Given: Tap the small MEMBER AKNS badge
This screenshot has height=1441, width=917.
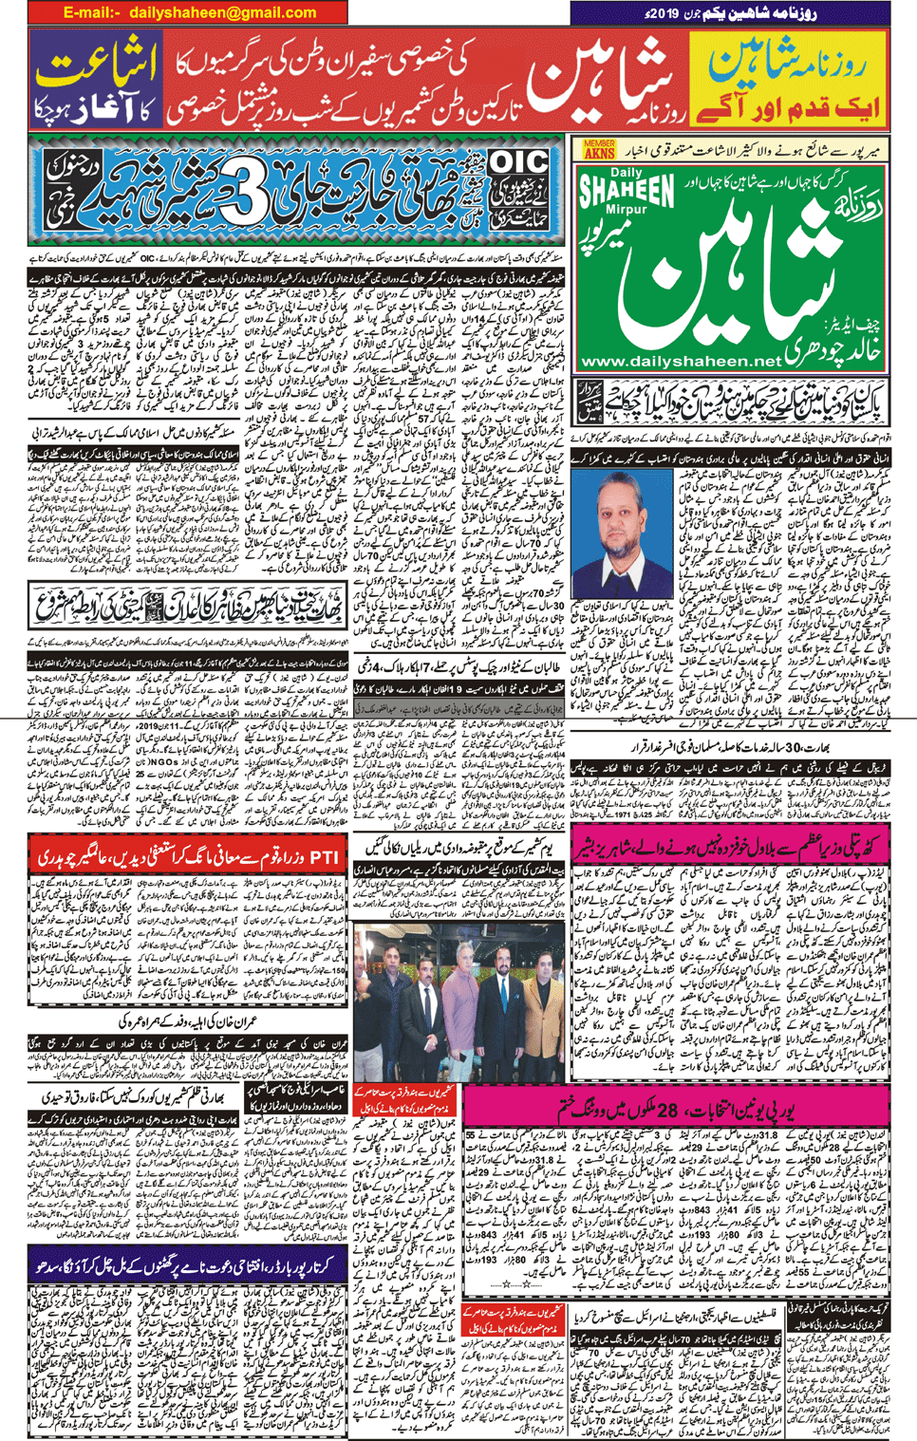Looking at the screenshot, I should pos(599,149).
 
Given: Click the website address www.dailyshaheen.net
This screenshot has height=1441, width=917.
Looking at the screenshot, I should pos(680,362).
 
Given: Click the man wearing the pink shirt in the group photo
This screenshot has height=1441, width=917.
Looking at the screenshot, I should pos(458,1016).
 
